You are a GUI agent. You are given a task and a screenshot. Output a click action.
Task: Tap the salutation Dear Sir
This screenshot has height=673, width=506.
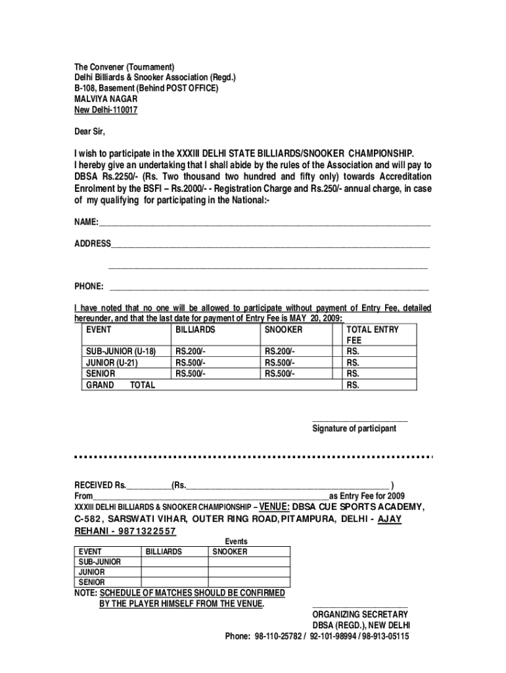89,131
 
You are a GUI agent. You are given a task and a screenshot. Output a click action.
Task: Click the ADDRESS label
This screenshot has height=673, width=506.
92,244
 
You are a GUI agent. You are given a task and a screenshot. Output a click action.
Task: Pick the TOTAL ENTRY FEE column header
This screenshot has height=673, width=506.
372,335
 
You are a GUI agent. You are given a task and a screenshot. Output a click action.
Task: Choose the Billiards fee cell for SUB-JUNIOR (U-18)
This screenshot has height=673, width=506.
190,352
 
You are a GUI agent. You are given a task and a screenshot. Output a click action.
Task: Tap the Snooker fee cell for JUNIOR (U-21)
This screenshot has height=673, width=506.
279,363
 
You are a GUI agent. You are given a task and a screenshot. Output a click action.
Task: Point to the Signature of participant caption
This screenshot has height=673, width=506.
354,429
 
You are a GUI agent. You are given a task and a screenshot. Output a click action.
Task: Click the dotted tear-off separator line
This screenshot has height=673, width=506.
253,457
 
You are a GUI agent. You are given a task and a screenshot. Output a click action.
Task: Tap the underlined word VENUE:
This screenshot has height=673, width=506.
274,507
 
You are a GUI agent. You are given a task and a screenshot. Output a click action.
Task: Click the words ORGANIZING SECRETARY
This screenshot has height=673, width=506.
360,615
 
